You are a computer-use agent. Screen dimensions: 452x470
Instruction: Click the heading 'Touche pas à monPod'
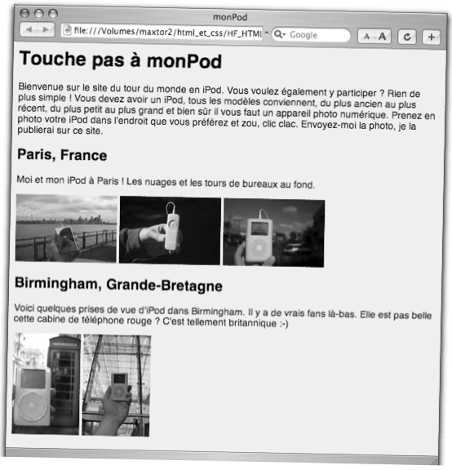tap(119, 60)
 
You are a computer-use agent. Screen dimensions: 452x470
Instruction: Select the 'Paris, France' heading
tap(62, 154)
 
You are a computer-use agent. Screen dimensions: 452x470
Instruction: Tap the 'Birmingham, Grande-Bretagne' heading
tap(118, 286)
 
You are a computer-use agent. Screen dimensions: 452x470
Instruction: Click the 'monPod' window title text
tap(229, 16)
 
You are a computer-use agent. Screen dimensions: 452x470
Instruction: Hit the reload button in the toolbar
tap(407, 38)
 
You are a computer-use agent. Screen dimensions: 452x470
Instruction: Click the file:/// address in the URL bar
tap(166, 32)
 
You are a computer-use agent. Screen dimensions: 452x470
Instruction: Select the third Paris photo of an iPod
tap(273, 233)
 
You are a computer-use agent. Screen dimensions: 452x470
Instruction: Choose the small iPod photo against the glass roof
tap(117, 384)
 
